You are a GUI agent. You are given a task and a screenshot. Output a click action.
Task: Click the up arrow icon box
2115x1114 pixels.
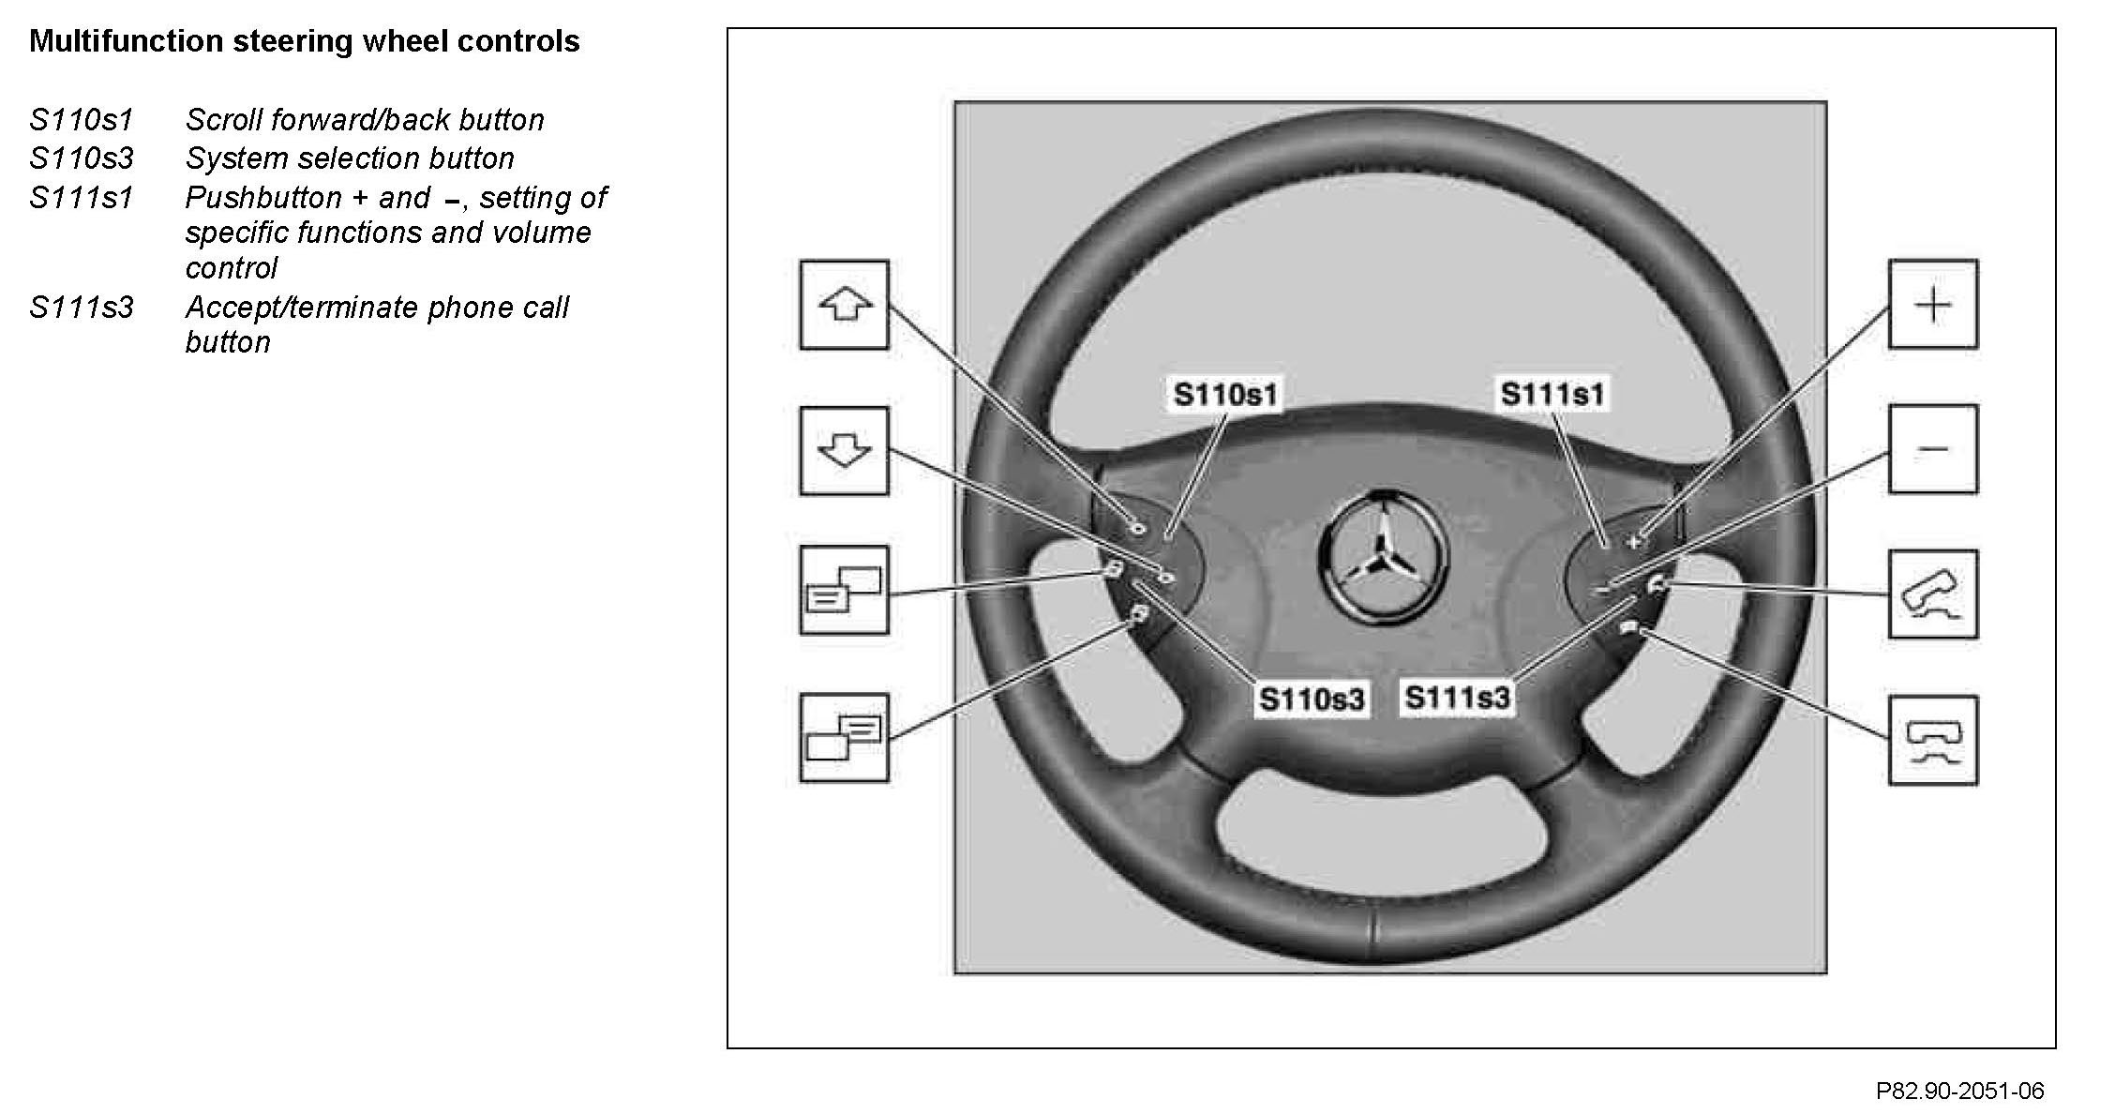[844, 305]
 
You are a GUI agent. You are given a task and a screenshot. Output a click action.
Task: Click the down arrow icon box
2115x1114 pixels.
[844, 451]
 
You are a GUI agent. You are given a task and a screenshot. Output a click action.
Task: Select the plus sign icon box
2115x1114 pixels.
[1933, 305]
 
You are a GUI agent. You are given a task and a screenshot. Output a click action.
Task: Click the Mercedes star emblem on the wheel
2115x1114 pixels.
[1384, 556]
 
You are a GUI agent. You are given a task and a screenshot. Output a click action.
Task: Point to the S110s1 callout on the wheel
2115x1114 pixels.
[1225, 394]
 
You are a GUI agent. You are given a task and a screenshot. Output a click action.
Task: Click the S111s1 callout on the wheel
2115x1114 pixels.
[1552, 394]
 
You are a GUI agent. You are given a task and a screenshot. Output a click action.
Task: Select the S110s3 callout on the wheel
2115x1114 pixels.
[1311, 699]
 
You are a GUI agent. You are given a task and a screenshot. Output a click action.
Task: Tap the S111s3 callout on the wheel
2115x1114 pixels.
[1458, 697]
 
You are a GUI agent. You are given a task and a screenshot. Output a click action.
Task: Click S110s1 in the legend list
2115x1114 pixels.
[82, 120]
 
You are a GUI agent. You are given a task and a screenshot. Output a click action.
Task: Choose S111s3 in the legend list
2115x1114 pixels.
[82, 308]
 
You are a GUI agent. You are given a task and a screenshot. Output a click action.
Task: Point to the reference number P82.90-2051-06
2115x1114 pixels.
[1959, 1091]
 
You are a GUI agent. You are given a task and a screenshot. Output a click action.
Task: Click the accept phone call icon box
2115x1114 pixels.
[1933, 595]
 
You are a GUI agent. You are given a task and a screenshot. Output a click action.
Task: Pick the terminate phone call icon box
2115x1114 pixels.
[1933, 740]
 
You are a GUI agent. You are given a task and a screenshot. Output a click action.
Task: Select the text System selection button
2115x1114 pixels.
[350, 158]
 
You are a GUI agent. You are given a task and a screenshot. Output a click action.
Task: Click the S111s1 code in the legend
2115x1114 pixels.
[82, 198]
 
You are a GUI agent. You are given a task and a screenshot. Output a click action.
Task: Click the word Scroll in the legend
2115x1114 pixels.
[224, 120]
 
